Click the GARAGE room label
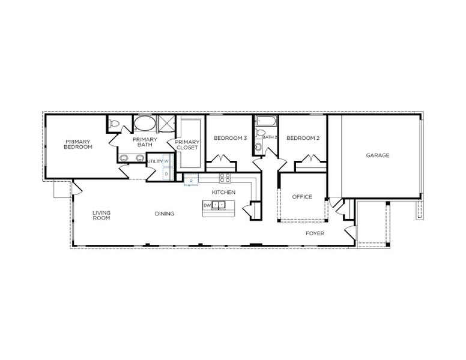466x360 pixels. coord(378,155)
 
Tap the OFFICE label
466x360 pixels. coord(302,197)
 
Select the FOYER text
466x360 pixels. coord(315,233)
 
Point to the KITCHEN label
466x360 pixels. coord(223,192)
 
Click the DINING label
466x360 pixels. coord(165,214)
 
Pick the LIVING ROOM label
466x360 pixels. coord(101,215)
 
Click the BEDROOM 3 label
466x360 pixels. coord(231,138)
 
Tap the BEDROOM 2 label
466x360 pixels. coord(303,138)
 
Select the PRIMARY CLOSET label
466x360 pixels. coord(187,145)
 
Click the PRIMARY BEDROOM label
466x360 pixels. coord(78,145)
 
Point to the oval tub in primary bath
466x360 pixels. coord(145,124)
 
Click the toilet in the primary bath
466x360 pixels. coord(113,123)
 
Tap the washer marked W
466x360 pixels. coord(166,161)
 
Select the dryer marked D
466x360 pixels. coord(166,173)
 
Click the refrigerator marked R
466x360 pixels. coord(191,180)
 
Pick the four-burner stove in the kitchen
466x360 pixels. coord(225,178)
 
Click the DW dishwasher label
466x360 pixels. coord(207,205)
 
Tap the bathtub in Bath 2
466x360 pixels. coord(266,122)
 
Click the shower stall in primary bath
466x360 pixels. coord(166,124)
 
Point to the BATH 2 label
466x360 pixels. coord(270,137)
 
